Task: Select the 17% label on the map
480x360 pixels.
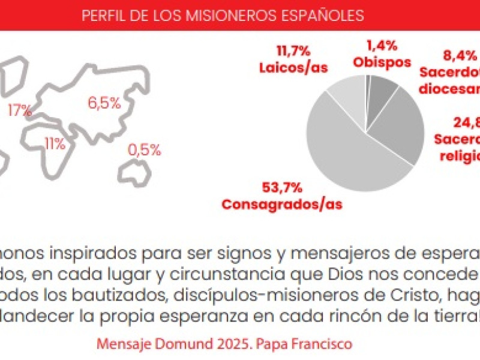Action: [x=20, y=110]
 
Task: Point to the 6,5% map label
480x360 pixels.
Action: [x=104, y=103]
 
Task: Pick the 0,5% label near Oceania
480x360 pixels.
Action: [x=144, y=150]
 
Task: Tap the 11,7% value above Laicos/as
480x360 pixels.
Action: [x=293, y=49]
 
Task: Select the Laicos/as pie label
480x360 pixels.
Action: [x=293, y=67]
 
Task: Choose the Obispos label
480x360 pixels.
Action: [x=382, y=62]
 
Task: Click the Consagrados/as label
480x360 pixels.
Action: [x=282, y=203]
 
